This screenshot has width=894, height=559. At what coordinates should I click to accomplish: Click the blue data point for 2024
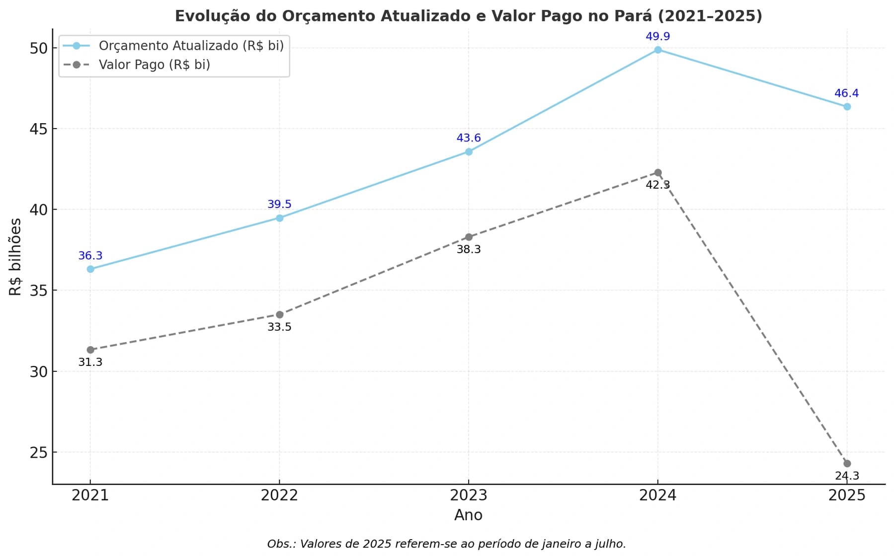point(657,50)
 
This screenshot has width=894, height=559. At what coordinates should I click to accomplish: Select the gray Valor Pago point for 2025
point(847,464)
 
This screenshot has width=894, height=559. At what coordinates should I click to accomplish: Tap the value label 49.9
point(657,36)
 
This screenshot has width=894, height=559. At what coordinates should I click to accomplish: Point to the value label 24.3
point(847,476)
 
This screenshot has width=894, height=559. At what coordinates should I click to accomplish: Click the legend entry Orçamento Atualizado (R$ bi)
point(191,46)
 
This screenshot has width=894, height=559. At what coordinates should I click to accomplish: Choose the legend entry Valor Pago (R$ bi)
point(154,65)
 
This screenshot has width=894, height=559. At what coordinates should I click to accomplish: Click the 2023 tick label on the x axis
point(468,495)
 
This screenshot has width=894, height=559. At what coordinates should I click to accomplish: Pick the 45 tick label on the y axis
point(38,129)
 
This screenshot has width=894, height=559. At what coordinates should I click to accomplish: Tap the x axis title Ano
point(468,515)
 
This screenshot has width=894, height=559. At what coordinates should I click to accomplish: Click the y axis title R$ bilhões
point(16,257)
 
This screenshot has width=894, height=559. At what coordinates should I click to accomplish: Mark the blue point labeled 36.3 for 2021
point(90,269)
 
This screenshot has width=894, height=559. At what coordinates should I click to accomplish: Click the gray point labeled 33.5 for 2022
point(279,315)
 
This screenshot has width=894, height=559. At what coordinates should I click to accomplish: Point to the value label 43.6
point(468,138)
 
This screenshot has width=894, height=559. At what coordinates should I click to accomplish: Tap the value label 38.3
point(468,249)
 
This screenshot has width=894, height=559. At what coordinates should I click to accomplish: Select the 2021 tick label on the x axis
point(90,495)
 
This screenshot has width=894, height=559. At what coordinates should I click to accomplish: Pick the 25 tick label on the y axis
point(38,453)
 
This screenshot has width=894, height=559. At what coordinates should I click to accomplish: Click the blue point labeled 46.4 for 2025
point(847,107)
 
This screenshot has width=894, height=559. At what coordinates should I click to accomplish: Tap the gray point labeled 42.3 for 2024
point(657,173)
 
